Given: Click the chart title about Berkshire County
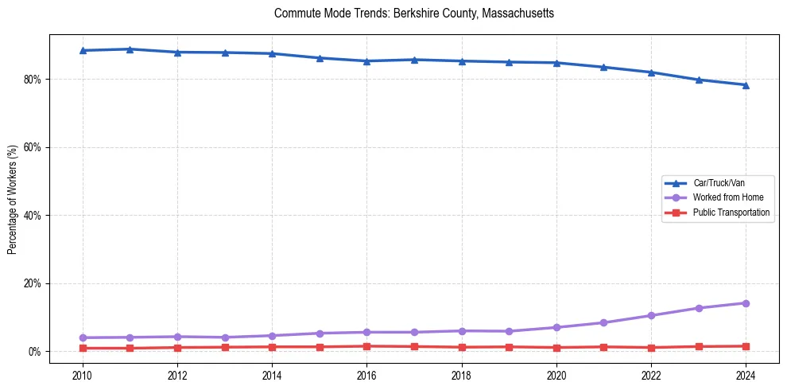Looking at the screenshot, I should tap(413, 14).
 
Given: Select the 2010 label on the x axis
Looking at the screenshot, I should tap(83, 373).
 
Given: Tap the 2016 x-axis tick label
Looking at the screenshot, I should tap(366, 373).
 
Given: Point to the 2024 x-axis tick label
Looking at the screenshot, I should tap(746, 373).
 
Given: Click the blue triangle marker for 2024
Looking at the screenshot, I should tap(746, 85).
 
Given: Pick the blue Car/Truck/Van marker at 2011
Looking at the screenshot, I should tap(130, 49).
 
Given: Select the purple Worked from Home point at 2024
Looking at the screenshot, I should tap(746, 303).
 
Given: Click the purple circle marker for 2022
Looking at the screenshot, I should tap(651, 315).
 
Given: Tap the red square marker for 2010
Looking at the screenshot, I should tap(83, 348).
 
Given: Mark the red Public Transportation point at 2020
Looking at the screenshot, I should tap(556, 348).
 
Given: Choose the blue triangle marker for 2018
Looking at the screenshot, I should tap(462, 61).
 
